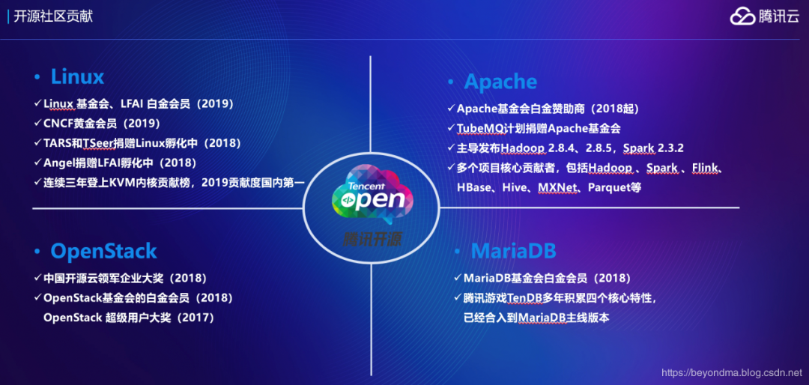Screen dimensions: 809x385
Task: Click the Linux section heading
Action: click(x=77, y=77)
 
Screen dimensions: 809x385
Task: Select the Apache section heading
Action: click(x=500, y=82)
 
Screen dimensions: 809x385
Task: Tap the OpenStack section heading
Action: click(x=103, y=251)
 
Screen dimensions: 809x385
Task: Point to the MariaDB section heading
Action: click(x=513, y=251)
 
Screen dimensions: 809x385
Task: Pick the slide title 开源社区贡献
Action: click(x=53, y=16)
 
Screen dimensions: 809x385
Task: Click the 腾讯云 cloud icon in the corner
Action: click(x=742, y=16)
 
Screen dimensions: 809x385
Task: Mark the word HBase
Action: click(x=473, y=187)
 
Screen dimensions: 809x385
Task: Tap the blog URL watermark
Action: click(x=732, y=372)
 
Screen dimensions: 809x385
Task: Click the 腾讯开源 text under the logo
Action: click(x=371, y=239)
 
